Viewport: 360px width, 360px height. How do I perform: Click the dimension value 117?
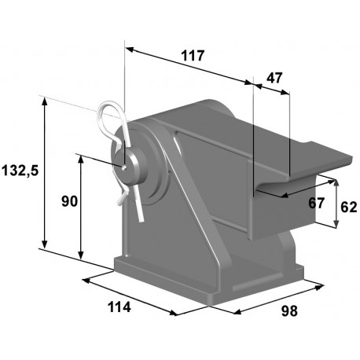pos(191,56)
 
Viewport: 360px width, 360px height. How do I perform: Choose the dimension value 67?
pos(316,203)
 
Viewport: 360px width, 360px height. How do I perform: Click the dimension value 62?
pos(349,208)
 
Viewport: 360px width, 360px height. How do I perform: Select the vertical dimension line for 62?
pos(336,203)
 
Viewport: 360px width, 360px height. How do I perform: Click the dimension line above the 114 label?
pos(130,295)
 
